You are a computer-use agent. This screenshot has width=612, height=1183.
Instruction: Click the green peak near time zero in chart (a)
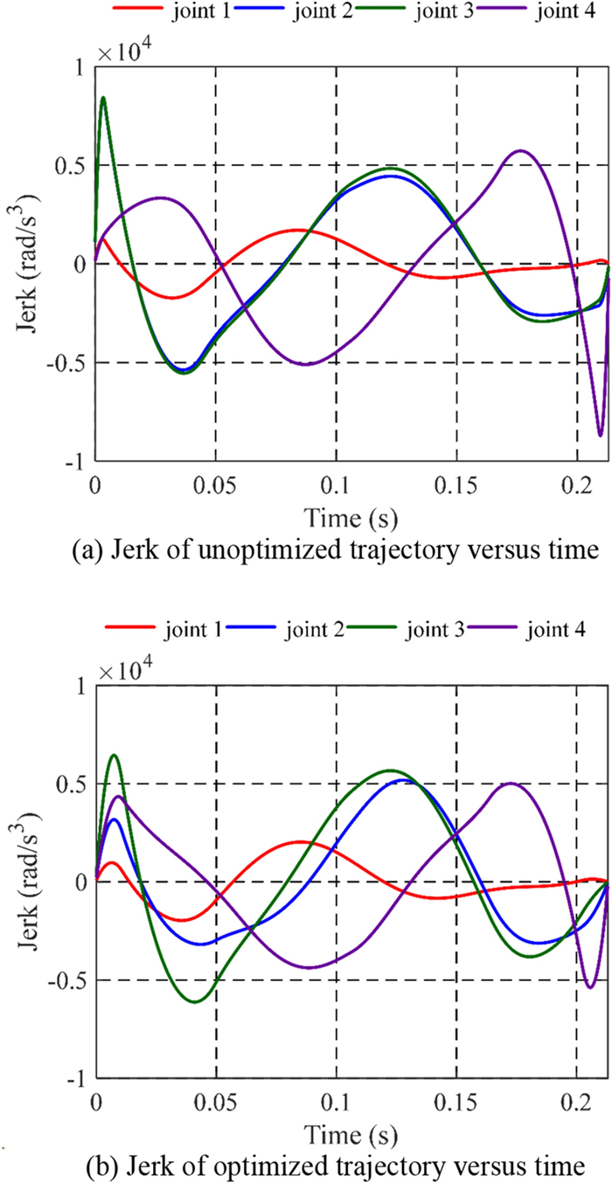click(103, 98)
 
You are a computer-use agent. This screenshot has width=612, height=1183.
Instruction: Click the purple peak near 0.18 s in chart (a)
click(522, 151)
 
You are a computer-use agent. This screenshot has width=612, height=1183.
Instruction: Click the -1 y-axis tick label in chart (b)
click(75, 1079)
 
